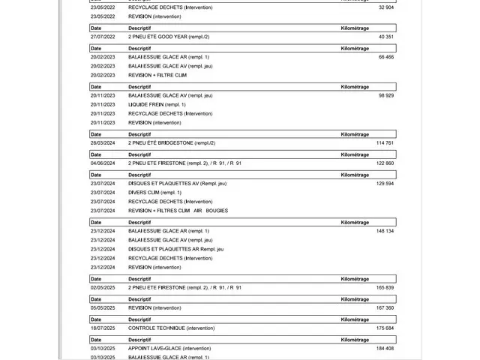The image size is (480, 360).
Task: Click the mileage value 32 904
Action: [386, 7]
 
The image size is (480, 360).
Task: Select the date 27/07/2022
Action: [103, 36]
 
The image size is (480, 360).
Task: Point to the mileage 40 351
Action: [386, 36]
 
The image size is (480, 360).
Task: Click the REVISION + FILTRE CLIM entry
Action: [157, 75]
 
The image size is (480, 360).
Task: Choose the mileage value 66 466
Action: [386, 56]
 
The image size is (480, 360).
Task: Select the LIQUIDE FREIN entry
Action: [157, 104]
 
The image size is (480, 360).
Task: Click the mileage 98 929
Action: [386, 95]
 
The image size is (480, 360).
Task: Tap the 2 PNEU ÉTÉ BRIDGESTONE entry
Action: [172, 142]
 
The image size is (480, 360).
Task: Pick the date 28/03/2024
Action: [103, 142]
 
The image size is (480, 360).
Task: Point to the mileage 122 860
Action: [385, 163]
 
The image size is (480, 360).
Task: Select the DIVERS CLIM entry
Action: [154, 192]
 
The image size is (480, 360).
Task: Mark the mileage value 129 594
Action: [385, 183]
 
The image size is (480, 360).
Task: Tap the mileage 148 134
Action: [385, 231]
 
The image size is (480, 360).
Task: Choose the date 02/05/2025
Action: [103, 287]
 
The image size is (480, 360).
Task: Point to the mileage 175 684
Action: [385, 328]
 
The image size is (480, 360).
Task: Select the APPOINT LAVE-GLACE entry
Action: [169, 348]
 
